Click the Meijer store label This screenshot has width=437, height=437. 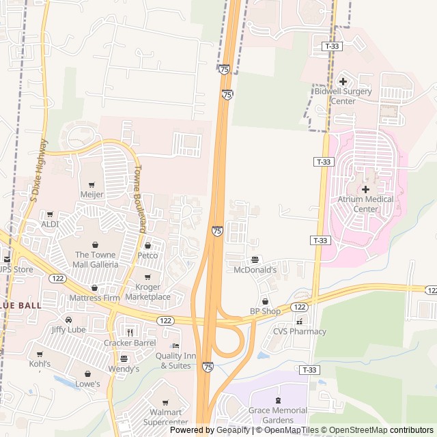(92, 195)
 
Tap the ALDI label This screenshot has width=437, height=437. (50, 224)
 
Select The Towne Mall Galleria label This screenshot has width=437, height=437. (96, 259)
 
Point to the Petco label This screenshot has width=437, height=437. (147, 255)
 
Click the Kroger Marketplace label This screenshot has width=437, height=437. (148, 292)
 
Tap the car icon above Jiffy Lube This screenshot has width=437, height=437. (68, 319)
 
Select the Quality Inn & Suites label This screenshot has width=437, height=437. (175, 360)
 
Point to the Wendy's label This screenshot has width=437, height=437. (124, 369)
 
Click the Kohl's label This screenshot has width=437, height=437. (40, 364)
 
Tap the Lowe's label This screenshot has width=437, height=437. (88, 384)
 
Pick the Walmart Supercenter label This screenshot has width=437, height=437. (165, 417)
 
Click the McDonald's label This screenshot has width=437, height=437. (255, 270)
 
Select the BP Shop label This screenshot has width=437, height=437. (265, 311)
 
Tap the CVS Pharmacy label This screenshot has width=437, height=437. (299, 332)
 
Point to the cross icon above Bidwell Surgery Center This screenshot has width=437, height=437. (343, 81)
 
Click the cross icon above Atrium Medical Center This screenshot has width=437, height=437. (365, 189)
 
